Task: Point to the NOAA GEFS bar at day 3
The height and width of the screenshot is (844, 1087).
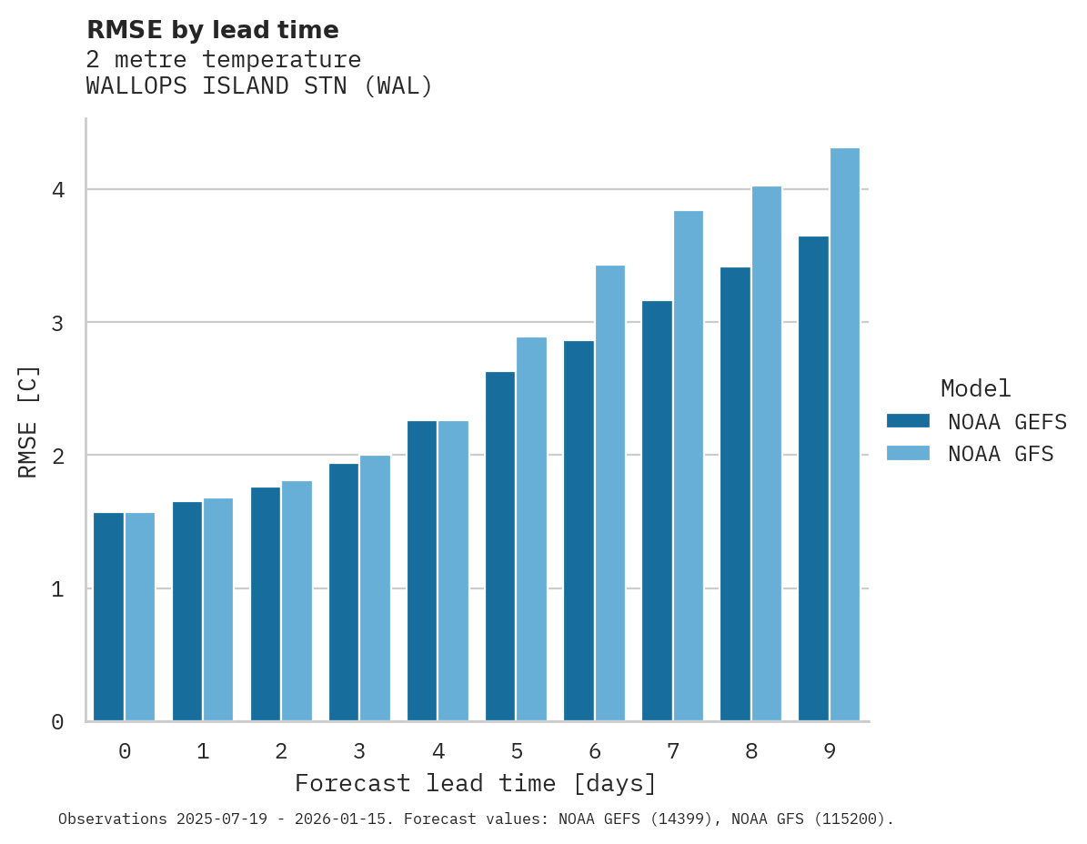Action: [x=344, y=592]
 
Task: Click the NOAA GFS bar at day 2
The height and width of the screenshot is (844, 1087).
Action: [x=297, y=600]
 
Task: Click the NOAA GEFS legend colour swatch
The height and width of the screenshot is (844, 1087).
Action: [x=908, y=421]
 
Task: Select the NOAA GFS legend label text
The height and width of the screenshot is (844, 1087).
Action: [x=1001, y=454]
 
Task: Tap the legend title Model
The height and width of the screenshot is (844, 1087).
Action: [x=975, y=389]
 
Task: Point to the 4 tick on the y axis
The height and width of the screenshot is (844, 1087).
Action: [x=58, y=190]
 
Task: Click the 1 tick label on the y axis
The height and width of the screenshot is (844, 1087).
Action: [x=58, y=589]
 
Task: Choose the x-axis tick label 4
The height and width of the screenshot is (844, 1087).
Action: [x=438, y=752]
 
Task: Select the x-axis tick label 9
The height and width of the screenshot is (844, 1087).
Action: [x=830, y=752]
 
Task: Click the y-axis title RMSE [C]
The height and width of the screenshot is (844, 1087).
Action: [x=28, y=421]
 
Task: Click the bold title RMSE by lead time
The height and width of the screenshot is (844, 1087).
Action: [x=213, y=30]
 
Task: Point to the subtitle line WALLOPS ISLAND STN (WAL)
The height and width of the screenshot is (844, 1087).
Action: [x=259, y=86]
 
